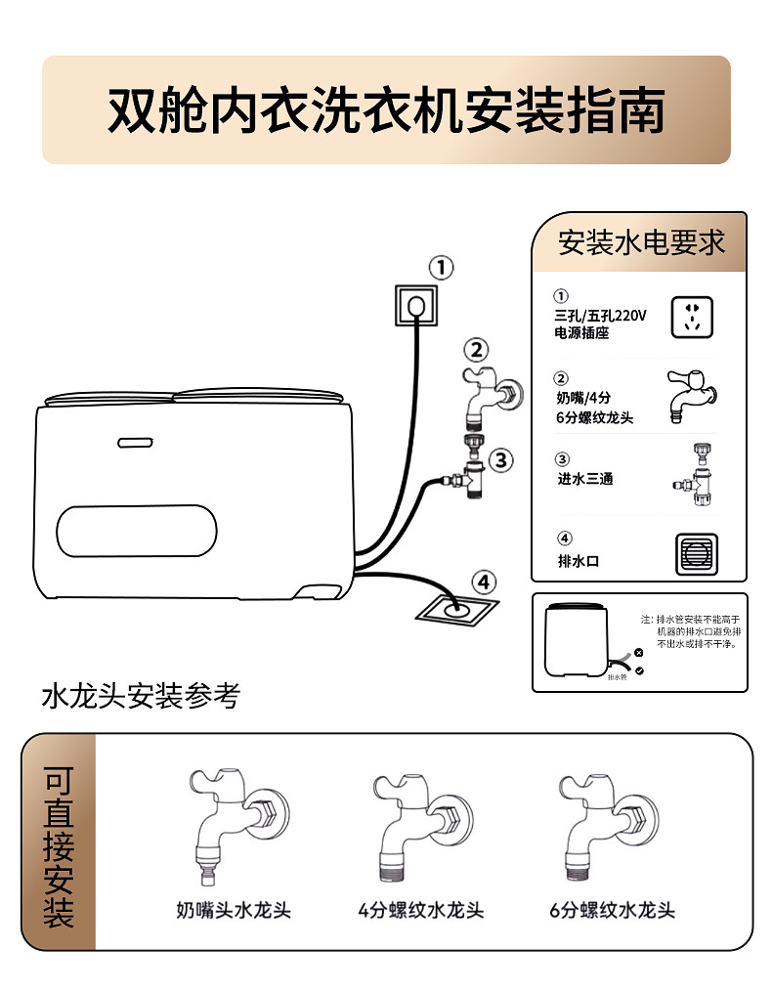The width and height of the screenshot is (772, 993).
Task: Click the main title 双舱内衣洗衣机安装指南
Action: [385, 110]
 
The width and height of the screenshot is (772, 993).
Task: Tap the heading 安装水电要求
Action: [642, 241]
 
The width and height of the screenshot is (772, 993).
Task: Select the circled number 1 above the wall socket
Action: [441, 267]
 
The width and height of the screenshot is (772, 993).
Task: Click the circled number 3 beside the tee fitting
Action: [499, 459]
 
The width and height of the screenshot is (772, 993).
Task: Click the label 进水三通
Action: [585, 480]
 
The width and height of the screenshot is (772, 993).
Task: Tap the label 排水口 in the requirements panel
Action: [578, 561]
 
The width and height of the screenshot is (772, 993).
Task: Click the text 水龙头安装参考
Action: [141, 696]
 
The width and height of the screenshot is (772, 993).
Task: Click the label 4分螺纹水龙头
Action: [420, 910]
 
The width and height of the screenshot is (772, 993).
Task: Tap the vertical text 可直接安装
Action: [60, 842]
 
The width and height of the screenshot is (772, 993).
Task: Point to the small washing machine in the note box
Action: [578, 641]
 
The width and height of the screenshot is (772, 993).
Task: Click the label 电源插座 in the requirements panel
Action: [581, 333]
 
